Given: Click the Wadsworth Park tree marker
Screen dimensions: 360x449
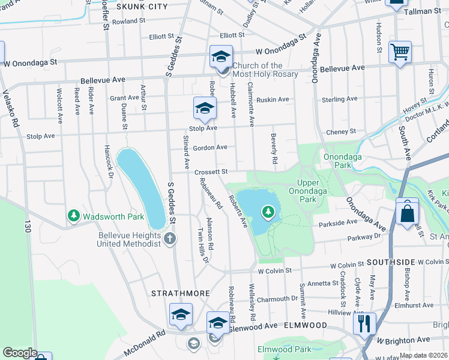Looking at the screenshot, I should (74, 215).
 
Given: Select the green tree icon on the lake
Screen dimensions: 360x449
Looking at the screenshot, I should (268, 211).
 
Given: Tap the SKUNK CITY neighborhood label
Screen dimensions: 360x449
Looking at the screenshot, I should (142, 7).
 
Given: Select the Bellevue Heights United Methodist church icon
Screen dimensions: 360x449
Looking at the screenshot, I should (170, 239).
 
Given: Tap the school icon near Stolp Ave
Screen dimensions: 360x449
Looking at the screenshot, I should (204, 109).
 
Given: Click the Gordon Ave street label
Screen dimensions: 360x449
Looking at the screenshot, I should (214, 147).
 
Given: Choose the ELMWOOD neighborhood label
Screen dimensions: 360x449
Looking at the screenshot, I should (307, 325).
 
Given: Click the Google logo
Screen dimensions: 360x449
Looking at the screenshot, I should (19, 353).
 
